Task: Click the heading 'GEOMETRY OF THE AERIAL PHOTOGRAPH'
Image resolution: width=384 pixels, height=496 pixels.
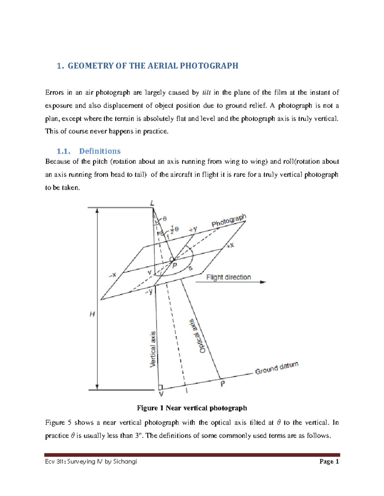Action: coord(153,66)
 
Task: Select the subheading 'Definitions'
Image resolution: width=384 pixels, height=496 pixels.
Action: coord(100,151)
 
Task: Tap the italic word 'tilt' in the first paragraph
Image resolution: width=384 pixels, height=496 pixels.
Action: coord(207,93)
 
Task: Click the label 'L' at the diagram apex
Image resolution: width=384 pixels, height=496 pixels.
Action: coord(152,203)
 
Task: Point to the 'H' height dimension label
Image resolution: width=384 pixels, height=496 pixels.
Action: coord(92,314)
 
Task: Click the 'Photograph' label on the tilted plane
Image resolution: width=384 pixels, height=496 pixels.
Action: coord(229,221)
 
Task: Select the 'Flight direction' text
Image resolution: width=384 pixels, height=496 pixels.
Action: coord(228,277)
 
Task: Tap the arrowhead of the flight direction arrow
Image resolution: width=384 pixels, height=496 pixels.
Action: coord(263,282)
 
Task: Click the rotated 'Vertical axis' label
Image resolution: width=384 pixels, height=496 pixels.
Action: coord(153,349)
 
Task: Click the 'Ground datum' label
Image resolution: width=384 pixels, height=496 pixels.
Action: coord(277,368)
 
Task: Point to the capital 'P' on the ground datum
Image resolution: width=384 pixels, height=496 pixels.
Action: coord(223,384)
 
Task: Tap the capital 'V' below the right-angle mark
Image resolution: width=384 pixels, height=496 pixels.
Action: coord(161,394)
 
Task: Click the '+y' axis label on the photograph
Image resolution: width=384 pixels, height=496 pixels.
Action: coord(193,229)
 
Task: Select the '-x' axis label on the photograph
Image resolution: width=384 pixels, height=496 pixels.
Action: coord(113,275)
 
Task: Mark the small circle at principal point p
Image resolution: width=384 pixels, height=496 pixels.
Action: coord(172,259)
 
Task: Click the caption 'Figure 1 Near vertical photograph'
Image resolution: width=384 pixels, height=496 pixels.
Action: coord(192,408)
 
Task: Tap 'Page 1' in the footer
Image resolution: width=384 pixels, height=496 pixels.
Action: coord(329,462)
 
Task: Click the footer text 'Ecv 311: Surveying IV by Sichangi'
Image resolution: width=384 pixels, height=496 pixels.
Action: coord(91,462)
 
